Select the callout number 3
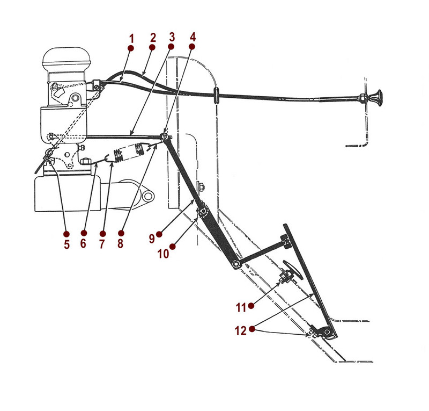172,38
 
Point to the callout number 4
193,38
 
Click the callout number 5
66,243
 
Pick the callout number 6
84,243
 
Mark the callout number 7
102,243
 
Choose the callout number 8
120,243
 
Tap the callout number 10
163,253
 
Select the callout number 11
241,307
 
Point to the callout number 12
240,331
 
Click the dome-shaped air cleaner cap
68,57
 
